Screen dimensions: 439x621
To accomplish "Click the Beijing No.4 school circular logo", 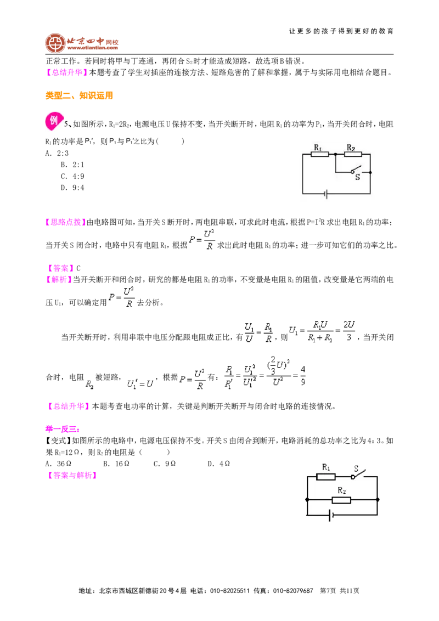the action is pyautogui.click(x=55, y=43).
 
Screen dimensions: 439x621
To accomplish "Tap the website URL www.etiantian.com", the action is pyautogui.click(x=92, y=48).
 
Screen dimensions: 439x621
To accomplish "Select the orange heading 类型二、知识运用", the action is pyautogui.click(x=79, y=95).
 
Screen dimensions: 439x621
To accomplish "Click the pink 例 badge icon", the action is pyautogui.click(x=54, y=121).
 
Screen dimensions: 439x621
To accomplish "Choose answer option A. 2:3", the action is pyautogui.click(x=57, y=153).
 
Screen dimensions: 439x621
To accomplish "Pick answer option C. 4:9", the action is pyautogui.click(x=72, y=176).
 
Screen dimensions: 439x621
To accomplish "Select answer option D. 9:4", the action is pyautogui.click(x=72, y=188).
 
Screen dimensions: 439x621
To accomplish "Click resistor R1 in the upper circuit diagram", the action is pyautogui.click(x=319, y=154).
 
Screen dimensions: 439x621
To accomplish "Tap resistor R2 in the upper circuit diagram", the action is pyautogui.click(x=353, y=154).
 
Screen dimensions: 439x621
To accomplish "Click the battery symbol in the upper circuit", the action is pyautogui.click(x=326, y=194).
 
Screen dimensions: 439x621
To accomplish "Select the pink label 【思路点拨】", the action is pyautogui.click(x=66, y=222).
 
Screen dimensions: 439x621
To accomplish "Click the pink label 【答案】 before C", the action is pyautogui.click(x=60, y=268).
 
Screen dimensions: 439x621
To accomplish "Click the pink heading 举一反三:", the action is pyautogui.click(x=63, y=430).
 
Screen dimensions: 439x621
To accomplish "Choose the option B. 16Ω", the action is pyautogui.click(x=116, y=464).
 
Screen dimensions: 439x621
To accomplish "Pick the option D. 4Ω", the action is pyautogui.click(x=219, y=464).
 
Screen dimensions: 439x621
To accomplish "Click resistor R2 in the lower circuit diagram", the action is pyautogui.click(x=341, y=500).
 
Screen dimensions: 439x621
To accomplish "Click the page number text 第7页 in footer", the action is pyautogui.click(x=328, y=591).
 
